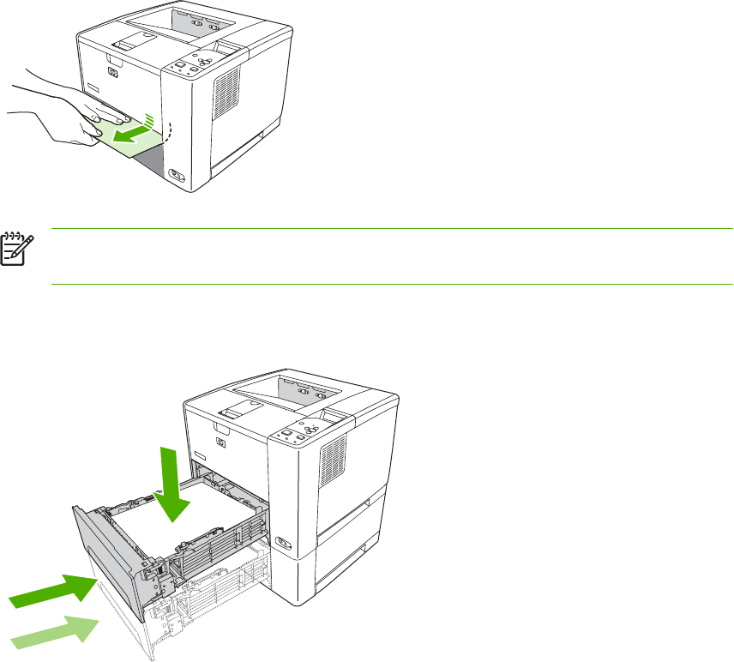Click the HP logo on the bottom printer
[x=220, y=443]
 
